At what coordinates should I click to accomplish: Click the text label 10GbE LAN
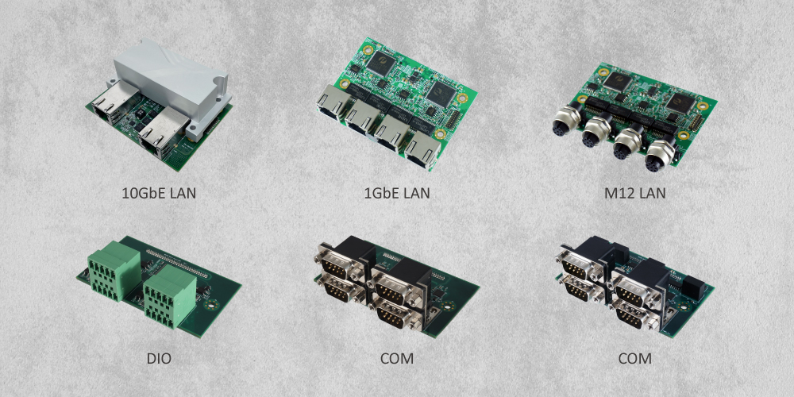[x=159, y=193]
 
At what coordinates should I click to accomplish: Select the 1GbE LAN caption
[x=397, y=193]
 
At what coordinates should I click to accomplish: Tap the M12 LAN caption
[x=635, y=193]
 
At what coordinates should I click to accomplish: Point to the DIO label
[x=159, y=359]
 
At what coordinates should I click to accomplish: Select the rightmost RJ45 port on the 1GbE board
[x=423, y=149]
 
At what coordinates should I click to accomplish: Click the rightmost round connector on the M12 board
[x=657, y=156]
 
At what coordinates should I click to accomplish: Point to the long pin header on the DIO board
[x=177, y=262]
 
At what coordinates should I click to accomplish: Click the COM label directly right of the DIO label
[x=397, y=359]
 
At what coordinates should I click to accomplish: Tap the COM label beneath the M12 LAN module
[x=635, y=359]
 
